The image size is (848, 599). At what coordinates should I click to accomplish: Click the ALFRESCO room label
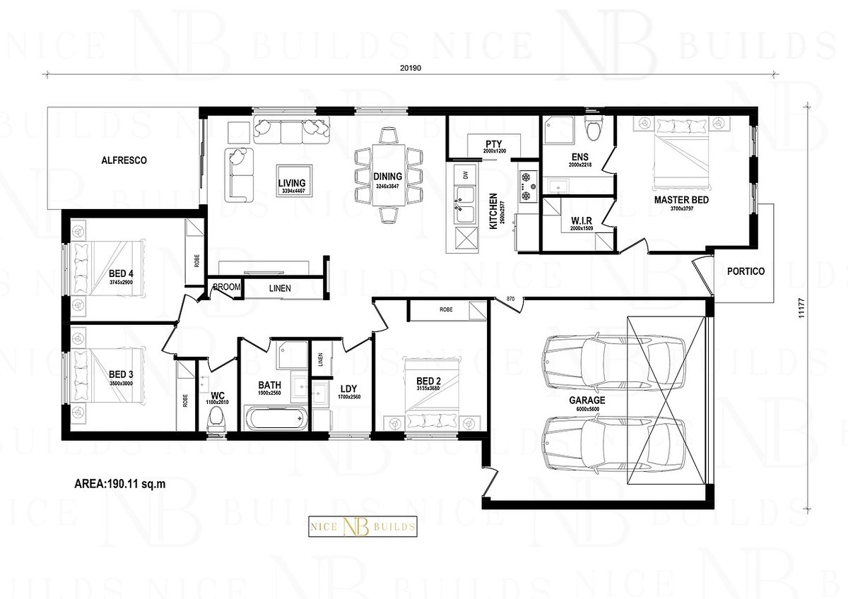click(124, 160)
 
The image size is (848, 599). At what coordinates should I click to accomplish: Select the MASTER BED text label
click(681, 200)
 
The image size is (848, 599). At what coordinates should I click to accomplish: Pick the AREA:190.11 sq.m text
click(121, 485)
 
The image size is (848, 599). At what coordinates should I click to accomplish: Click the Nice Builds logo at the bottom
click(363, 526)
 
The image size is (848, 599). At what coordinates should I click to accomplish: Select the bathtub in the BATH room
click(276, 417)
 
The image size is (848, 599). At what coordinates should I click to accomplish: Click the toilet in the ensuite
click(593, 129)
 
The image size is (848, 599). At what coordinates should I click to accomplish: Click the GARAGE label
click(587, 399)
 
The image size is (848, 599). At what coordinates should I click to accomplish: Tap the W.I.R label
click(581, 220)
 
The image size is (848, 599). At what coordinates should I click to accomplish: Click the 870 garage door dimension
click(511, 299)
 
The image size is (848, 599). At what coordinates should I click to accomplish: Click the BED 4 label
click(122, 273)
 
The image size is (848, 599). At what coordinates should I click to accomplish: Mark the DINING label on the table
click(388, 177)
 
